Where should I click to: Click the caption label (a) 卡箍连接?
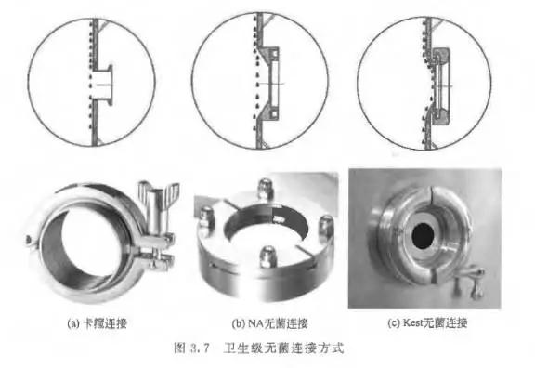[x=97, y=323]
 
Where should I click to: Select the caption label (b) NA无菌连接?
[x=269, y=323]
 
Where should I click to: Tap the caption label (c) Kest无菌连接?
[x=427, y=322]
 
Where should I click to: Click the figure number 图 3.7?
[x=190, y=348]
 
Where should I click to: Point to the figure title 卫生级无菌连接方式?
[x=283, y=348]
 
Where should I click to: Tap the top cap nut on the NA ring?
[x=266, y=188]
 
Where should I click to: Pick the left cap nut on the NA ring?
[x=206, y=217]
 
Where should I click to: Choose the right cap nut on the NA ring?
[x=325, y=226]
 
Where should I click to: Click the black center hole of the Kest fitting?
[x=423, y=236]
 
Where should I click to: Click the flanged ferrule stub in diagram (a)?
[x=104, y=84]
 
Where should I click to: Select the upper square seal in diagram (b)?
[x=274, y=53]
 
